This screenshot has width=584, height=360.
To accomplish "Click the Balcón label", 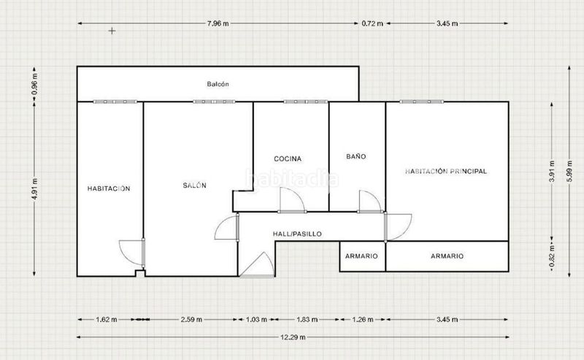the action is pyautogui.click(x=218, y=84).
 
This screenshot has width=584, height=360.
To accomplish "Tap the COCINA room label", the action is pyautogui.click(x=288, y=158).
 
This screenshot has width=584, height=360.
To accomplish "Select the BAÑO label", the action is pyautogui.click(x=356, y=156).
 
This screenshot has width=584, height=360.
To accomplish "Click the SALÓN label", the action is pyautogui.click(x=194, y=185).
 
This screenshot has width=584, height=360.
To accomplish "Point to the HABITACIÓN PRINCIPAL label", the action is pyautogui.click(x=446, y=172).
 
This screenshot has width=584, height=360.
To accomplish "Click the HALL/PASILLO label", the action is pyautogui.click(x=297, y=234).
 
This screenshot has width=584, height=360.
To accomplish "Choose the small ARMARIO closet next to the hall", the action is pyautogui.click(x=361, y=256).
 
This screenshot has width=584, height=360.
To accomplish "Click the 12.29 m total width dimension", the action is pyautogui.click(x=293, y=337).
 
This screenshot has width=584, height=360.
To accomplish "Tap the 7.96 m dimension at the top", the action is pyautogui.click(x=218, y=23).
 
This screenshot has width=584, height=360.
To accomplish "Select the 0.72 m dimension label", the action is pyautogui.click(x=372, y=23).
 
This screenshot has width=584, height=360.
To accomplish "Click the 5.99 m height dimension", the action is pyautogui.click(x=569, y=172).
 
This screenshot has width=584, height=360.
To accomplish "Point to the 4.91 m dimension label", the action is pyautogui.click(x=34, y=189).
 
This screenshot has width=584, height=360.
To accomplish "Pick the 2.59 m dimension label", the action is pyautogui.click(x=191, y=320).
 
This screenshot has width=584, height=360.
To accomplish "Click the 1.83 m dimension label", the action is pyautogui.click(x=307, y=320).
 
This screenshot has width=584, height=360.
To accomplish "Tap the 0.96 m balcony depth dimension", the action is pyautogui.click(x=34, y=83).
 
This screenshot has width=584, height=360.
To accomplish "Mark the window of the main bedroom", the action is pyautogui.click(x=422, y=102).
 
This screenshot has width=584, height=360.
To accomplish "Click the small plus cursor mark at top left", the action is pyautogui.click(x=112, y=31).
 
